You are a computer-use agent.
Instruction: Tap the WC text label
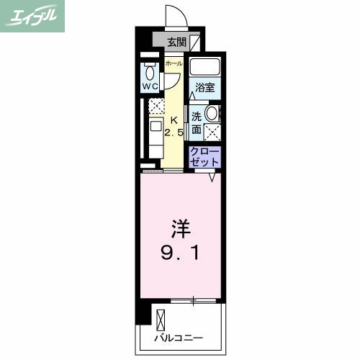pyautogui.click(x=150, y=86)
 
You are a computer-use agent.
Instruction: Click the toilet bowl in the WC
pyautogui.click(x=149, y=72)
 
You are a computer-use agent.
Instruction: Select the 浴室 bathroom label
pyautogui.click(x=204, y=88)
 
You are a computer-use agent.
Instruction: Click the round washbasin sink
pyautogui.click(x=212, y=113)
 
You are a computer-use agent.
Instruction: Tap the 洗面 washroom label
pyautogui.click(x=197, y=122)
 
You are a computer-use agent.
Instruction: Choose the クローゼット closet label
pyautogui.click(x=205, y=158)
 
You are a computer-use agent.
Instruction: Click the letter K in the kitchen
pyautogui.click(x=173, y=120)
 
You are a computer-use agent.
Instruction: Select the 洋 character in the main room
pyautogui.click(x=180, y=230)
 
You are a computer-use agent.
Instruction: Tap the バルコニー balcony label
pyautogui.click(x=178, y=337)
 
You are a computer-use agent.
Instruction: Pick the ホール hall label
pyautogui.click(x=173, y=64)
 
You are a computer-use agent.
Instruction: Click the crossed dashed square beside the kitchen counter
pyautogui.click(x=157, y=107)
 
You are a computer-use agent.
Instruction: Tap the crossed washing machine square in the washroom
pyautogui.click(x=212, y=131)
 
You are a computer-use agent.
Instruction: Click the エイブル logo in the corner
pyautogui.click(x=34, y=16)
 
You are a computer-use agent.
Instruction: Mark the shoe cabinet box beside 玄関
pyautogui.click(x=195, y=42)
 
